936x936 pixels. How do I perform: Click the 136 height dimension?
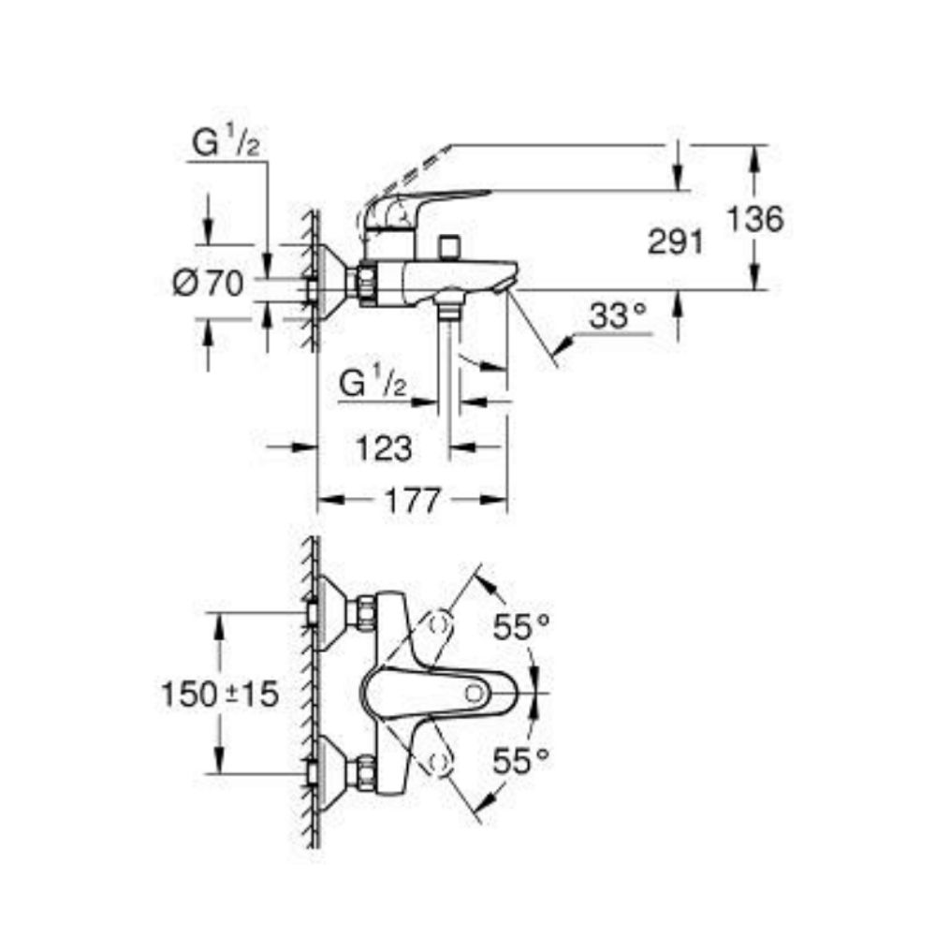pyautogui.click(x=754, y=221)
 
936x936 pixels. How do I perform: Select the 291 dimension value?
pyautogui.click(x=675, y=242)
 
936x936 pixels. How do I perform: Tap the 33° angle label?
pyautogui.click(x=619, y=317)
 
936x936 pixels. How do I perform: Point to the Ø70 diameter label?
pyautogui.click(x=209, y=282)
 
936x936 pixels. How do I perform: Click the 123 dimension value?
pyautogui.click(x=384, y=448)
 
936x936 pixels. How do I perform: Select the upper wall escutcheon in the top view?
pyautogui.click(x=329, y=613)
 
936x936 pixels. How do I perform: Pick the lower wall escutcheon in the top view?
pyautogui.click(x=329, y=773)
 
